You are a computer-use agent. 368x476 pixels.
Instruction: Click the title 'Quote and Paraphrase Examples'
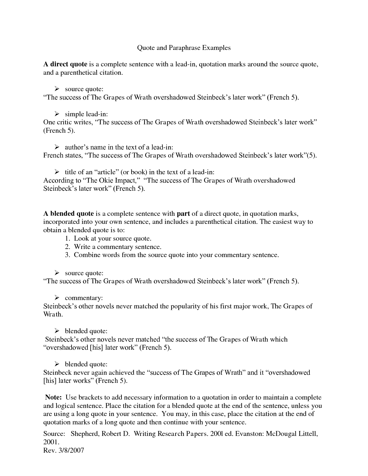point(184,48)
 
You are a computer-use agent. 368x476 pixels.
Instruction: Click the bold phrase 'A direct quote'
point(65,64)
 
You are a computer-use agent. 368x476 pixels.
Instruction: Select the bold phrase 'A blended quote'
point(68,214)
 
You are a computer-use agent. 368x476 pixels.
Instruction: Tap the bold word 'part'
point(183,214)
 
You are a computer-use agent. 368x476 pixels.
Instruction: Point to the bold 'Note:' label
point(54,397)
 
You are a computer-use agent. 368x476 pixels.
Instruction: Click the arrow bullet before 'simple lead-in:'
point(57,114)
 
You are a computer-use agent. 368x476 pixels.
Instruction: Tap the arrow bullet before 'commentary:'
point(57,297)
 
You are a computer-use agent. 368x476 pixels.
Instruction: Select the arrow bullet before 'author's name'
point(57,147)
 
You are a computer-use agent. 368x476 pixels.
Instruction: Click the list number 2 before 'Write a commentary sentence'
point(68,247)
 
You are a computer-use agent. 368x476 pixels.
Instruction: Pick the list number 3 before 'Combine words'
point(68,255)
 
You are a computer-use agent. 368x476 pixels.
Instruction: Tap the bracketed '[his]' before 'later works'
point(50,381)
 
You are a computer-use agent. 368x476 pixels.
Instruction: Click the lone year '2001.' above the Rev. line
point(51,442)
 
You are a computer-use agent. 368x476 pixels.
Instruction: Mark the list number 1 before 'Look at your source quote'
point(68,239)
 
